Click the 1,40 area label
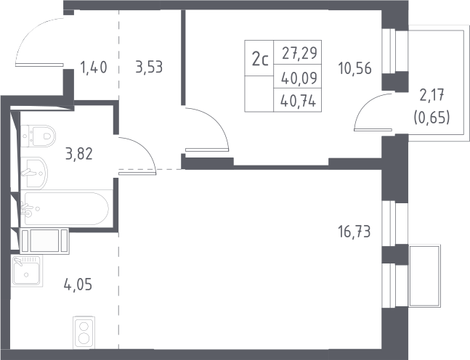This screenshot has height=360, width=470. pyautogui.click(x=94, y=67)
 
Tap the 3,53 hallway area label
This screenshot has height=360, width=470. pyautogui.click(x=149, y=67)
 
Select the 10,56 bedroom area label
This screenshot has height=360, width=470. pyautogui.click(x=355, y=68)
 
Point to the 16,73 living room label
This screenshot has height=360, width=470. pyautogui.click(x=354, y=232)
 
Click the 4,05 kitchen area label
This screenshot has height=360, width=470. pyautogui.click(x=78, y=284)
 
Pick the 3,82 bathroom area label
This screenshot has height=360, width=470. pyautogui.click(x=79, y=154)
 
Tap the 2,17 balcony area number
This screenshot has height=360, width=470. pyautogui.click(x=432, y=95)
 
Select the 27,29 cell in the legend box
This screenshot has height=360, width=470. pyautogui.click(x=299, y=53)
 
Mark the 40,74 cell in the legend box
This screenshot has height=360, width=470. pyautogui.click(x=299, y=101)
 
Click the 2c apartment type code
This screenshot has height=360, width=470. pyautogui.click(x=260, y=60)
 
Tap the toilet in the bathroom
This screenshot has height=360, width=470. pyautogui.click(x=39, y=136)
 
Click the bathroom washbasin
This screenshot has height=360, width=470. pyautogui.click(x=34, y=173)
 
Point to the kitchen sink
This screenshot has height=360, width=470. pyautogui.click(x=27, y=271)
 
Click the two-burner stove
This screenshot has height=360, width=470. pyautogui.click(x=84, y=332)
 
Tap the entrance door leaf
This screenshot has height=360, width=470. pyautogui.click(x=39, y=65)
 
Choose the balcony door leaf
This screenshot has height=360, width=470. pyautogui.click(x=373, y=130)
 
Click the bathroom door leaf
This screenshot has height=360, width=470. pyautogui.click(x=137, y=173)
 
